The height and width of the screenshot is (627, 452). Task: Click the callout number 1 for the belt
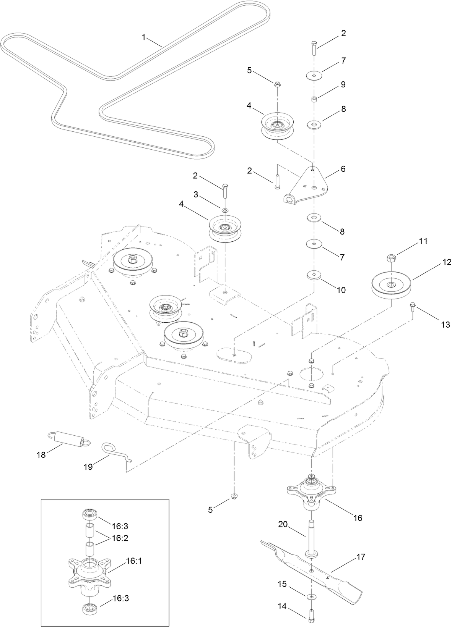click(144, 37)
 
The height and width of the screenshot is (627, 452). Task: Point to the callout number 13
click(445, 325)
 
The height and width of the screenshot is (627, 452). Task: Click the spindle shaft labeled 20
click(311, 535)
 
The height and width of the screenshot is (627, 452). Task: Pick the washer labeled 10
click(314, 275)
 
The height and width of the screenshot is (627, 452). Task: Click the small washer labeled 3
click(225, 210)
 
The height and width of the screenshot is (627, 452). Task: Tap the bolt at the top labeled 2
click(314, 48)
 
